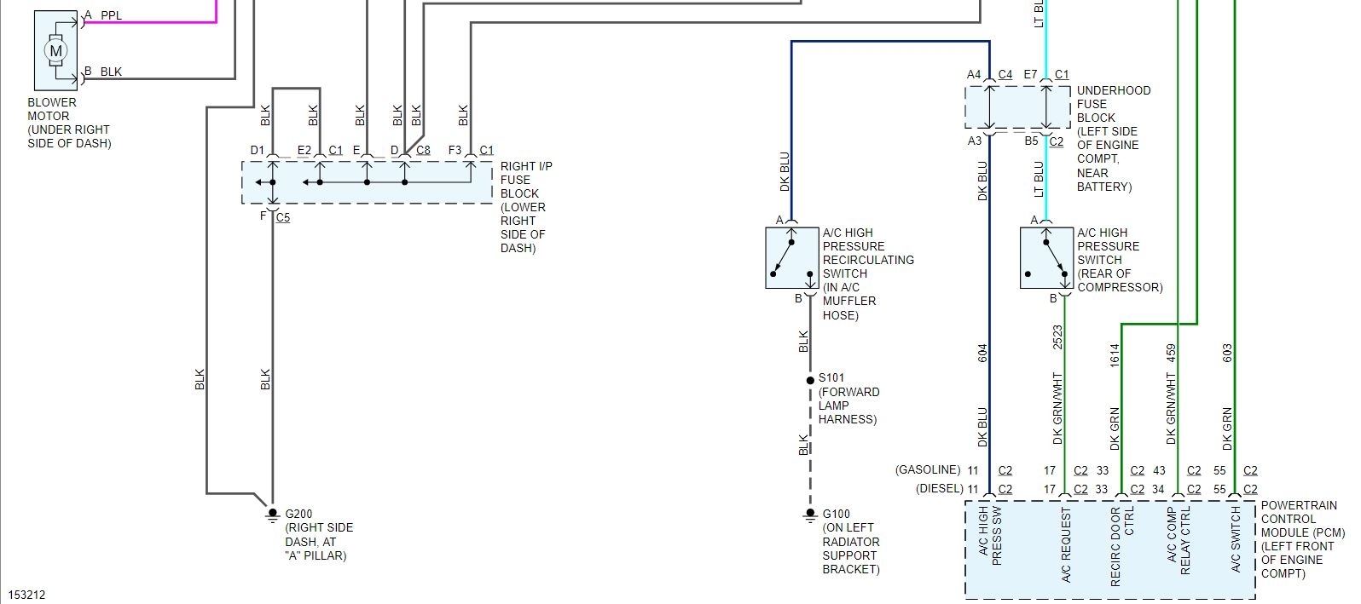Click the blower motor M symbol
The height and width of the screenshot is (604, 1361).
click(x=56, y=51)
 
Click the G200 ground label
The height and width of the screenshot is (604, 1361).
click(x=298, y=514)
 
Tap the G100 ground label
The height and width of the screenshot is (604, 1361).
click(x=836, y=514)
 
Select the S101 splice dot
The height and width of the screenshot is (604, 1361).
click(x=810, y=380)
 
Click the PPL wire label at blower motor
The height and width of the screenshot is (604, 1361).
click(x=111, y=16)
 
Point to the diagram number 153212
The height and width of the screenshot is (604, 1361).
click(x=26, y=595)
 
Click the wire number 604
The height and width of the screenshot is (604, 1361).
click(x=982, y=353)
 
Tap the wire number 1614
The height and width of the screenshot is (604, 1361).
click(x=1114, y=355)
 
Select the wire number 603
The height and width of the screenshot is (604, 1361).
click(x=1227, y=353)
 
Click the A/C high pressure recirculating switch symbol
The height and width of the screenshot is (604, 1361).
click(x=792, y=257)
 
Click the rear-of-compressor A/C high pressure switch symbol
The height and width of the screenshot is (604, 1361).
click(x=1046, y=257)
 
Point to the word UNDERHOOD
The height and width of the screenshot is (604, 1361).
click(x=1114, y=90)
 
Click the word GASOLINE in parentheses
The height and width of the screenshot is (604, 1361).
click(x=927, y=469)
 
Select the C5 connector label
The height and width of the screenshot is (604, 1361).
click(x=283, y=217)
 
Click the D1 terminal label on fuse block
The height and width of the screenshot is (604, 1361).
click(x=258, y=151)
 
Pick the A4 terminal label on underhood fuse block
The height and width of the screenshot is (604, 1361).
click(x=974, y=75)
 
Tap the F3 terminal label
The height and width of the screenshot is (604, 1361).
click(x=455, y=151)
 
